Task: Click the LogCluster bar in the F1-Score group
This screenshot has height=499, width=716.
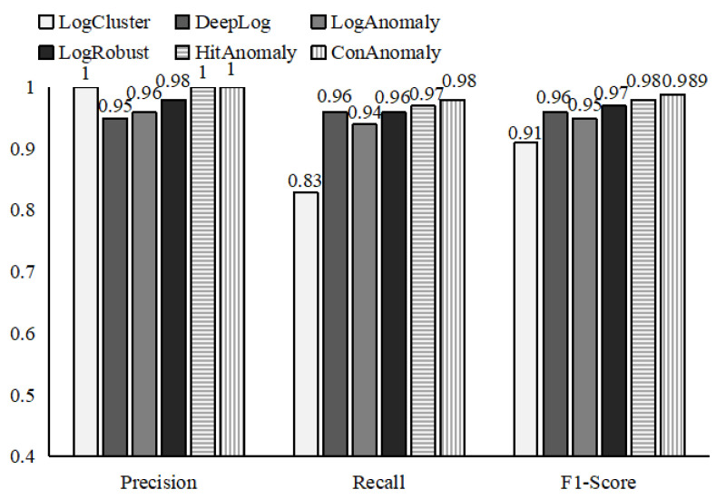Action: [526, 299]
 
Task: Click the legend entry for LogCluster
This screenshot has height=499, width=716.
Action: [73, 20]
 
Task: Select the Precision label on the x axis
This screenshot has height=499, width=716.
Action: [159, 482]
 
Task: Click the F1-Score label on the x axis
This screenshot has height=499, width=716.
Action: [600, 482]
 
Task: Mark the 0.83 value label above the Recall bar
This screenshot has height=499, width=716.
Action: [306, 181]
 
